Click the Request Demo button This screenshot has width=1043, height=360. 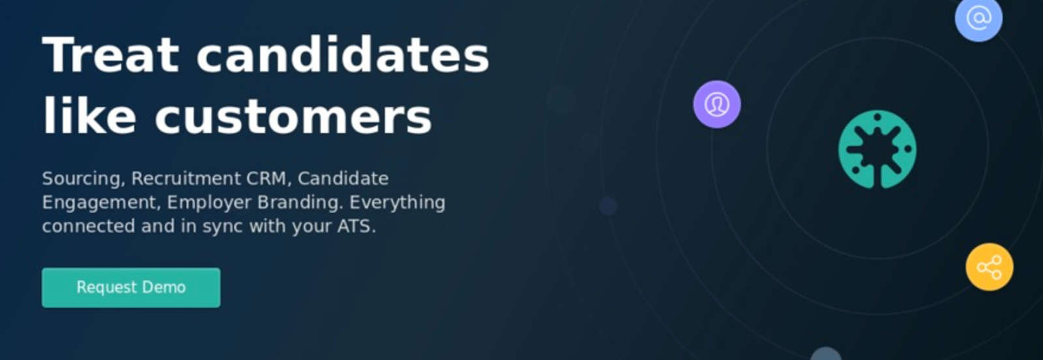pos(131,288)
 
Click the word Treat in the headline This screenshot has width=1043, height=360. pos(111,55)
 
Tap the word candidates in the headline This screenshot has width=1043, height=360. pos(343,55)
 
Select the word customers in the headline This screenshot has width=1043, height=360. pos(293,116)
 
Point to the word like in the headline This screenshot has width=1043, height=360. pos(89,115)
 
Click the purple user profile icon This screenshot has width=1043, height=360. pos(716,104)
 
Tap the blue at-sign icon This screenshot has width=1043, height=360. pos(978,19)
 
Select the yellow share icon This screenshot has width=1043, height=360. pos(990,267)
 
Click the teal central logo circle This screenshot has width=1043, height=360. pos(877,149)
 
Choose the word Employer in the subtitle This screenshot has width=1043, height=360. pos(209,203)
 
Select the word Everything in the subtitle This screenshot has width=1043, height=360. pos(397,203)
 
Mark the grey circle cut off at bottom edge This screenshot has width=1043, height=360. pos(826,354)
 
